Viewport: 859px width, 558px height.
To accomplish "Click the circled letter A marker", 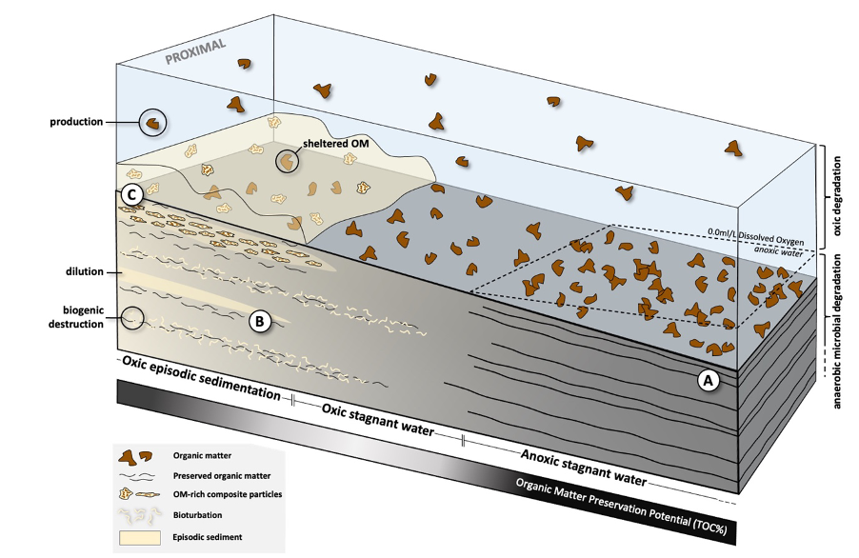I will [707, 379].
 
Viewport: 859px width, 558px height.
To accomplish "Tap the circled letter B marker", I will [260, 321].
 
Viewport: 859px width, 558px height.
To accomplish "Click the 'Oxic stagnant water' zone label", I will [376, 418].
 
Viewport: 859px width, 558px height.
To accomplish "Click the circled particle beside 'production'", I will [152, 122].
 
